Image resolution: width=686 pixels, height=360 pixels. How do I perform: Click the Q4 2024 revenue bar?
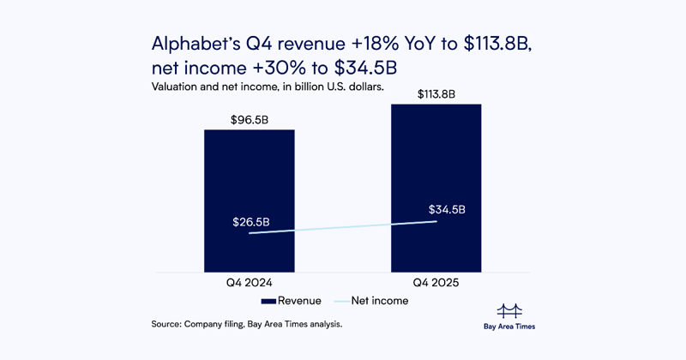pos(249,171)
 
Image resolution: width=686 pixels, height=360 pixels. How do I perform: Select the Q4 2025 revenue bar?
pos(436,154)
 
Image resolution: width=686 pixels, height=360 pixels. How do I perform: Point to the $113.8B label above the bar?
pos(436,95)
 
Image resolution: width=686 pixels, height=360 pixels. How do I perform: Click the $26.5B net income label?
pos(251,222)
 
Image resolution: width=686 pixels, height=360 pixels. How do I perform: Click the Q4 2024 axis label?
pos(249,282)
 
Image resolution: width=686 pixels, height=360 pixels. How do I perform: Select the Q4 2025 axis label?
pos(436,282)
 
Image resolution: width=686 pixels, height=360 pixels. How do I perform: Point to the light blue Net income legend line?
pos(340,301)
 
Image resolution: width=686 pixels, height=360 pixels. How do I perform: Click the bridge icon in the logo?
pos(509,309)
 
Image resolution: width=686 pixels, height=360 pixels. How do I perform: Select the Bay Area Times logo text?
pos(509,327)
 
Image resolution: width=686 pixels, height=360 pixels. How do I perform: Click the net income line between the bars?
pos(343,227)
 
